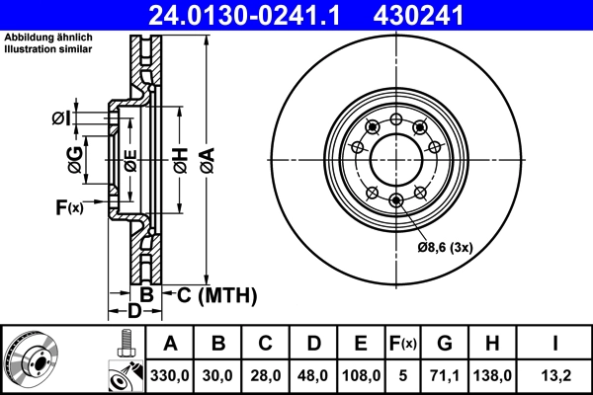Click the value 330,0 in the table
(x=170, y=375)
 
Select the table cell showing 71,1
(x=444, y=375)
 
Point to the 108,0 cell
(x=361, y=375)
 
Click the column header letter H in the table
(x=492, y=345)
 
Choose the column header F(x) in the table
(x=403, y=345)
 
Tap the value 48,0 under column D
(x=313, y=375)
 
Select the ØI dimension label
(x=61, y=119)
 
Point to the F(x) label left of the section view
(x=70, y=207)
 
